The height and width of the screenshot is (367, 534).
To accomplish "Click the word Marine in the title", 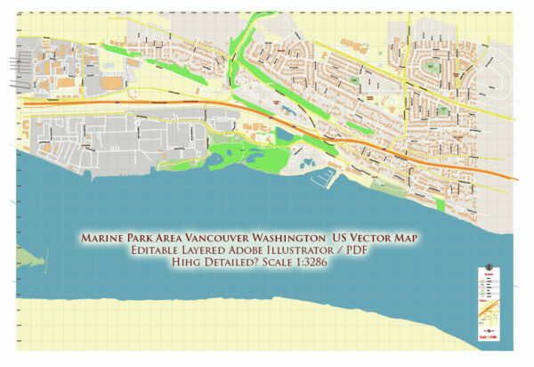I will coord(103,240).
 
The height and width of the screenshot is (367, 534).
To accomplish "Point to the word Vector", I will coord(377,240).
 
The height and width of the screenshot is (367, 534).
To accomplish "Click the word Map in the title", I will coord(416,240).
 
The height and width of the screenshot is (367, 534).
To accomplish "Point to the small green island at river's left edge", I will coord(27,260).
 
